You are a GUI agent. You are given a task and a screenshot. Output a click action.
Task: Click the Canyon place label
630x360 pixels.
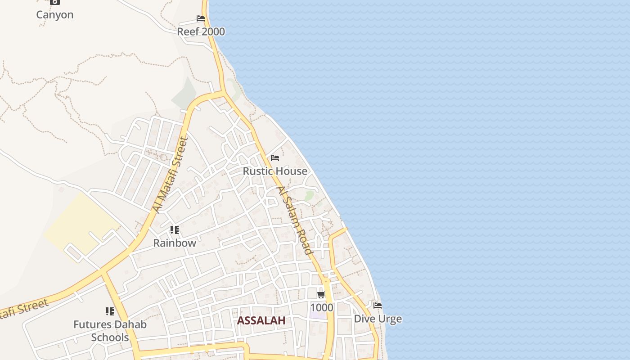(x=55, y=15)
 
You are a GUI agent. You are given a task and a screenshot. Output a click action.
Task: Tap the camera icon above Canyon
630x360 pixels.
(x=55, y=2)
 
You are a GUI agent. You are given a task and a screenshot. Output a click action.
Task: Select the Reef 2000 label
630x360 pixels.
(x=201, y=32)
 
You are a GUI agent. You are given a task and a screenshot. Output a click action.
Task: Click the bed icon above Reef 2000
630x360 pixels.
(x=201, y=18)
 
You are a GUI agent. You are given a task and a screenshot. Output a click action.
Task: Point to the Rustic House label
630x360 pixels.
(x=275, y=171)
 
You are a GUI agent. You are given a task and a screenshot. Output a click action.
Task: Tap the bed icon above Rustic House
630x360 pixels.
(x=275, y=158)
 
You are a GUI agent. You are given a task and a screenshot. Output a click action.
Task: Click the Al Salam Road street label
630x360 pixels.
(x=295, y=220)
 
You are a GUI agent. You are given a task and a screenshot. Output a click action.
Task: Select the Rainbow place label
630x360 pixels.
(x=175, y=243)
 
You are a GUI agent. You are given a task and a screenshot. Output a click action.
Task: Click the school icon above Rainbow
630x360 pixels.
(x=175, y=230)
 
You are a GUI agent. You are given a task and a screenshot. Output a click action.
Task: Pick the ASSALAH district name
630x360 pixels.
(x=261, y=321)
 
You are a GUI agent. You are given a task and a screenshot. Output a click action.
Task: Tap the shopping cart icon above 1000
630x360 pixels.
(x=321, y=295)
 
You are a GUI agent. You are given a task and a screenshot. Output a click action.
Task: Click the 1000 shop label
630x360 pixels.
(x=321, y=308)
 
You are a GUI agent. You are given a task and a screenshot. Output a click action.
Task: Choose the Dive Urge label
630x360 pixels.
(x=378, y=319)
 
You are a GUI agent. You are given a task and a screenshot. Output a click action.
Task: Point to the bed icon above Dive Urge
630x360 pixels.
(x=378, y=306)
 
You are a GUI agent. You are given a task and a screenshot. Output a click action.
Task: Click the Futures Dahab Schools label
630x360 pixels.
(x=110, y=331)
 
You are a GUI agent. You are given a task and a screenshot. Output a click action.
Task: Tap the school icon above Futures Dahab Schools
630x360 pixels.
(x=110, y=311)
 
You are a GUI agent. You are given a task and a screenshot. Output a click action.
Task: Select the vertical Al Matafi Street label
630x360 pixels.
(x=170, y=175)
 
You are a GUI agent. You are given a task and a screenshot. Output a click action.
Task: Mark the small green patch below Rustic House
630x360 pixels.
(x=309, y=196)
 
